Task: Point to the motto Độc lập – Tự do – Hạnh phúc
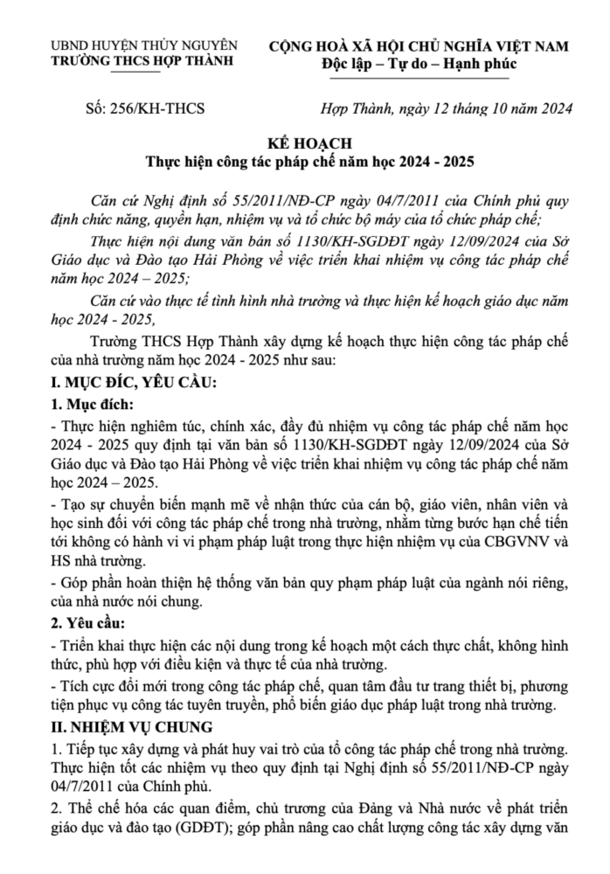(419, 63)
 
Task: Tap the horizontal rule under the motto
(419, 78)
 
